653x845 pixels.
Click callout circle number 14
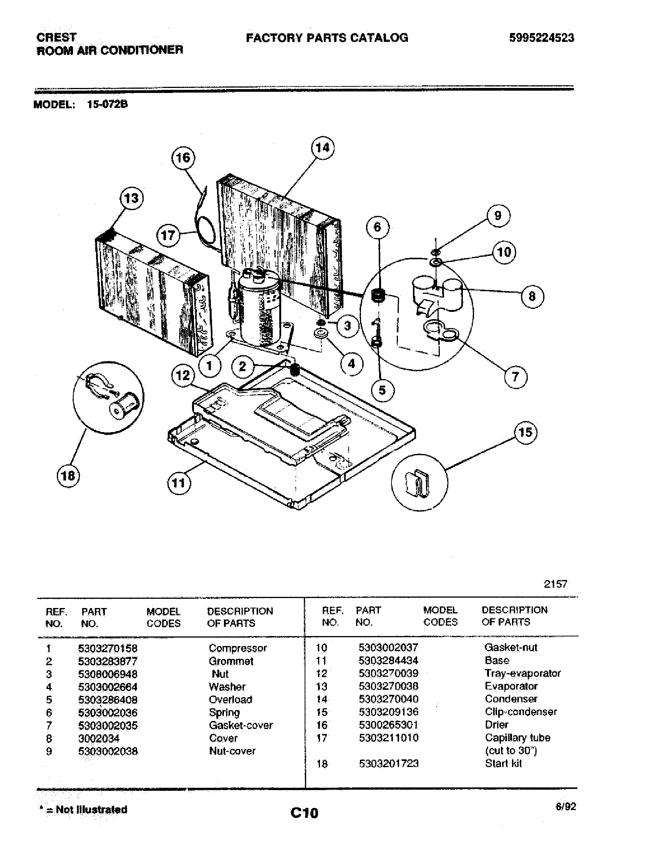(x=323, y=148)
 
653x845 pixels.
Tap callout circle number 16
(x=183, y=157)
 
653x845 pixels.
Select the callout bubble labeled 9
(x=498, y=215)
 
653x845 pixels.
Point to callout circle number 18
(x=68, y=475)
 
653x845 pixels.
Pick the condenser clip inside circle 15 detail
(x=418, y=483)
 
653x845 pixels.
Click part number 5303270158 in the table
(x=108, y=648)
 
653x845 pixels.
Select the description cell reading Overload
(x=230, y=699)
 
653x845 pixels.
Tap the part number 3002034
(x=99, y=738)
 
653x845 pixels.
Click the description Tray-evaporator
(x=522, y=673)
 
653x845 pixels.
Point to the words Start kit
(x=503, y=763)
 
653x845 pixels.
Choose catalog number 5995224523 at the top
(x=541, y=38)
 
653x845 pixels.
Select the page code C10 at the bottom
(x=305, y=812)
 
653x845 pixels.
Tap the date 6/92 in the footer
(x=565, y=806)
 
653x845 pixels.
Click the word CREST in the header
(x=56, y=37)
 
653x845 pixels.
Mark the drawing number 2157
(x=555, y=584)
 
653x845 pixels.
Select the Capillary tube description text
(x=517, y=738)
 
